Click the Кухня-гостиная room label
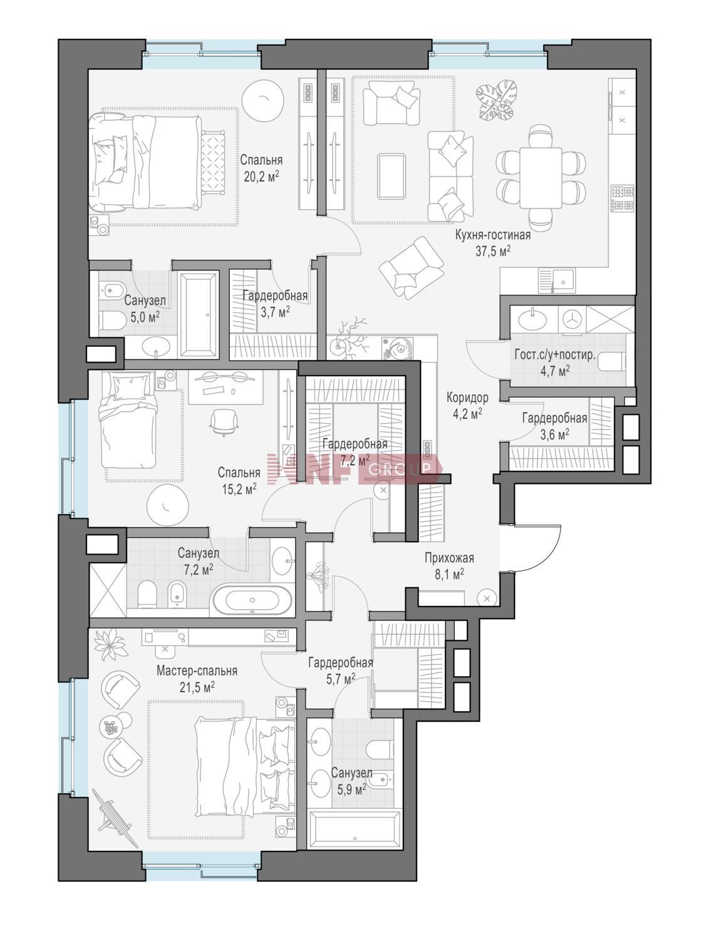coord(492,235)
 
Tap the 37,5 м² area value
coord(493,251)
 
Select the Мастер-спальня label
coord(197,670)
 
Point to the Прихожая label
coord(449,558)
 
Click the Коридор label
coord(467,398)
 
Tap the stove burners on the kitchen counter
coord(623,197)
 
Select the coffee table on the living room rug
coord(392,177)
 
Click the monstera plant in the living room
coord(497,100)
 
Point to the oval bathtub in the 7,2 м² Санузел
coord(251,600)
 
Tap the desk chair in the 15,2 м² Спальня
coord(224,421)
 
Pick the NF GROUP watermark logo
coord(353,469)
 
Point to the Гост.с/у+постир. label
coord(555,355)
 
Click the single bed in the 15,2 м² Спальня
coord(128,419)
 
